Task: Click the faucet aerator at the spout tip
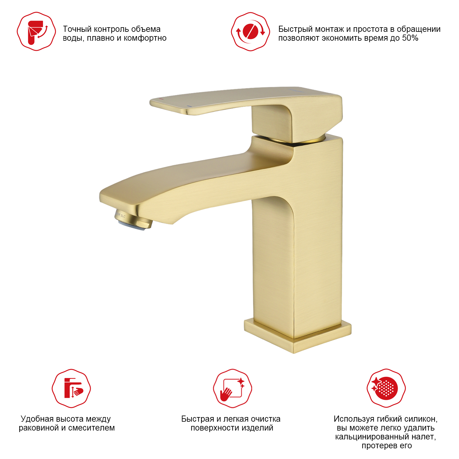(x=133, y=219)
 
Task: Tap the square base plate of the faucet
(x=297, y=336)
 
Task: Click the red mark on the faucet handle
(x=162, y=99)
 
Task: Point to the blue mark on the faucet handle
(x=189, y=106)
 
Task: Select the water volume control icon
(x=36, y=32)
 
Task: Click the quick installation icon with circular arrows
(x=251, y=32)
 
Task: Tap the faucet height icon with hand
(x=71, y=388)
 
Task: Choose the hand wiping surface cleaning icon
(x=233, y=388)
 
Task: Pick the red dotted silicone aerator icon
(x=386, y=388)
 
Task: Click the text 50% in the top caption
(x=410, y=38)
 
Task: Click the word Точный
(x=77, y=29)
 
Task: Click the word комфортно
(x=145, y=38)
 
